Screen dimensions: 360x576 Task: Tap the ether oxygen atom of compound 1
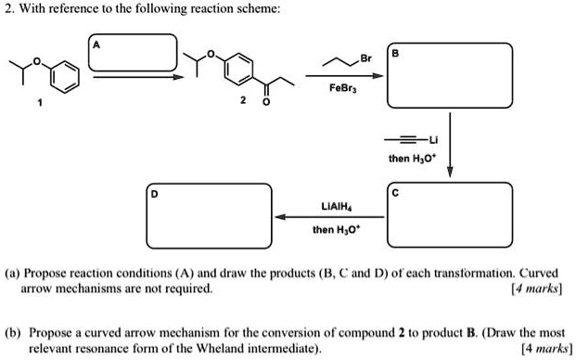(x=41, y=62)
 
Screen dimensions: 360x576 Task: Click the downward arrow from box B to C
(x=451, y=144)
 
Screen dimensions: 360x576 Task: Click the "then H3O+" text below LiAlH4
(x=334, y=230)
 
